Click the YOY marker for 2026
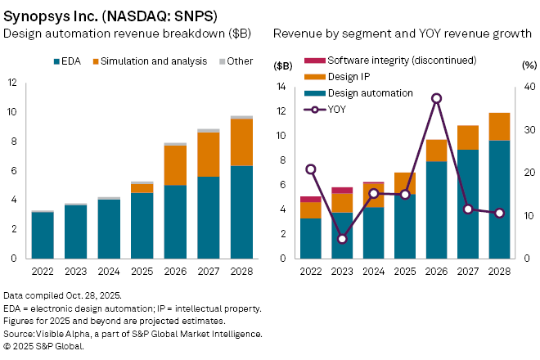(437, 98)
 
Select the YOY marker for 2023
(342, 239)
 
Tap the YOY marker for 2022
(311, 169)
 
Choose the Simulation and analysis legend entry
(146, 61)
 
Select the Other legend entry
(237, 61)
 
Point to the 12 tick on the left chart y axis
(13, 83)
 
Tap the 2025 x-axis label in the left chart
(142, 271)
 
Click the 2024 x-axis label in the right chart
(373, 271)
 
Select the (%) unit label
(528, 65)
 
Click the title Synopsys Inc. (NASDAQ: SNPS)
(115, 14)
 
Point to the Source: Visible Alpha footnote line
(133, 334)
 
